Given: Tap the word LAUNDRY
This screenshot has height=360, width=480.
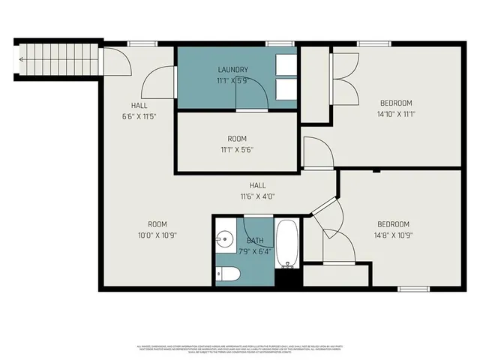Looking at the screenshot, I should tap(232, 70).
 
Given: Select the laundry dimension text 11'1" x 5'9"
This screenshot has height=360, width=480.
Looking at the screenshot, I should tap(232, 79).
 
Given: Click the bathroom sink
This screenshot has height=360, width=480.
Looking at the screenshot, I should tap(224, 240).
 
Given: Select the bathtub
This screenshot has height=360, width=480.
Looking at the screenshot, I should tap(288, 243).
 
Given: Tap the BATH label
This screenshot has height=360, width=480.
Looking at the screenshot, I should tap(255, 240).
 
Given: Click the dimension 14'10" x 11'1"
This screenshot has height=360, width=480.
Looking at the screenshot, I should tap(395, 115).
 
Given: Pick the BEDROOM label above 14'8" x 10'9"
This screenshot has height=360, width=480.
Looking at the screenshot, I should tap(393, 224).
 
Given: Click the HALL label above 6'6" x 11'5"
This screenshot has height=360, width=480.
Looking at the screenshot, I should tap(139, 105).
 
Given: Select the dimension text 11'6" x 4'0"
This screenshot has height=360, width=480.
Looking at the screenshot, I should tap(258, 196).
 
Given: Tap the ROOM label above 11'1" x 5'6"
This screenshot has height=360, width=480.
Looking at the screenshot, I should tap(237, 139).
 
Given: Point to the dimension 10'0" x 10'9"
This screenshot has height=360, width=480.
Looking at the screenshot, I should tap(157, 235).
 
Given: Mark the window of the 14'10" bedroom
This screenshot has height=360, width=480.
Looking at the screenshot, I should tap(370, 43).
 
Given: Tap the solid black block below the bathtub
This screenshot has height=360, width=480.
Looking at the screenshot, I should tap(288, 277).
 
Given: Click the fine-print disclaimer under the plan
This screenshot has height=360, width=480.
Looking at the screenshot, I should tap(240, 348).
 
